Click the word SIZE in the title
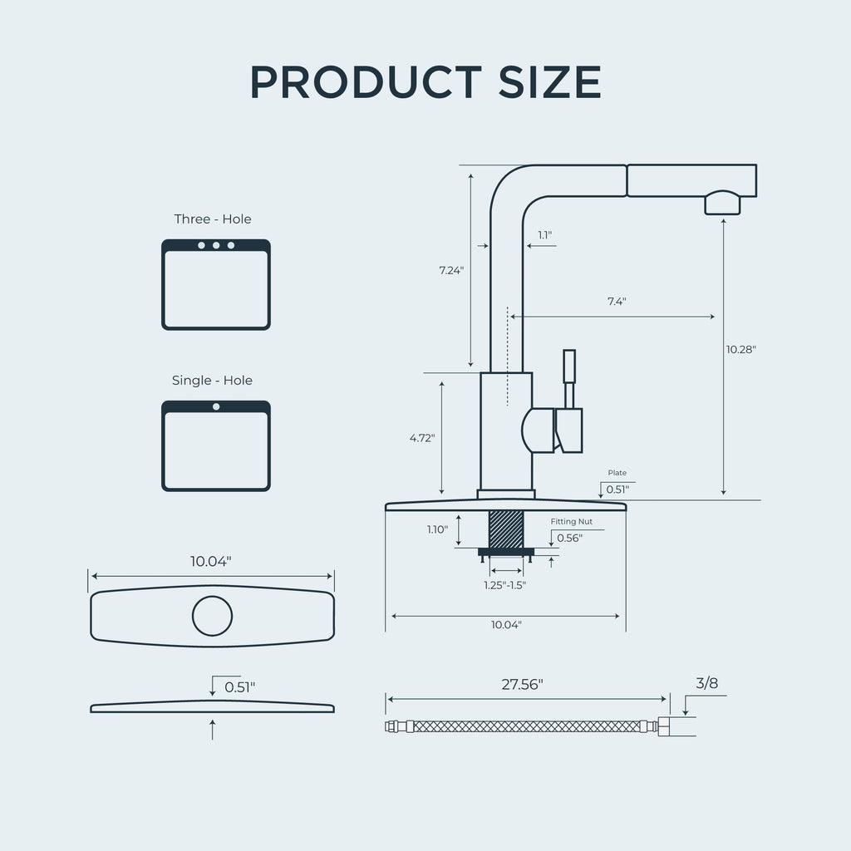(x=548, y=82)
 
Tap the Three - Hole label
(x=213, y=219)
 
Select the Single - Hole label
(x=212, y=381)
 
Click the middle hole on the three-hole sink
(x=216, y=245)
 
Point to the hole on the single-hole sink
(x=216, y=406)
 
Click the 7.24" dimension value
(x=451, y=270)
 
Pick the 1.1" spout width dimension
(x=544, y=235)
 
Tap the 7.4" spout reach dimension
(x=617, y=302)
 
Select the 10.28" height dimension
(x=740, y=350)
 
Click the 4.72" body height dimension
(x=421, y=437)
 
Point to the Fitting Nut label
(x=572, y=522)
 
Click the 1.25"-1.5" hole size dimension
(x=505, y=584)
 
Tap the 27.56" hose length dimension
(x=522, y=685)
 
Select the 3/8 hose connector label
(x=707, y=684)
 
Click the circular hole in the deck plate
(x=212, y=616)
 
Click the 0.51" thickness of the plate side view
(x=240, y=687)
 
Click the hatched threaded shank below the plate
(x=506, y=529)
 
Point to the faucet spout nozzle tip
(x=722, y=204)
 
